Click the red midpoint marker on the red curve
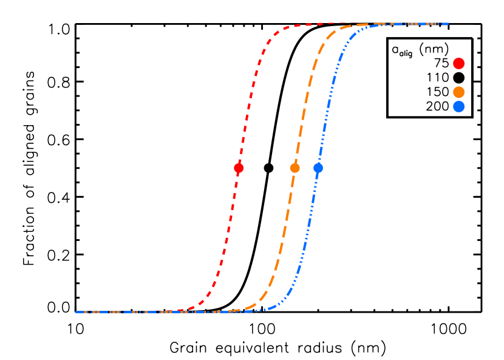(x=239, y=168)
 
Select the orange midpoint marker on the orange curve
(x=295, y=168)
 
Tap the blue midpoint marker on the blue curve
(x=318, y=168)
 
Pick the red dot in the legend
(x=458, y=64)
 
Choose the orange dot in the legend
(x=458, y=92)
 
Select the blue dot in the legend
(x=458, y=107)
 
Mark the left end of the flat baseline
(x=77, y=312)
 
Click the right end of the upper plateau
(x=448, y=24)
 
